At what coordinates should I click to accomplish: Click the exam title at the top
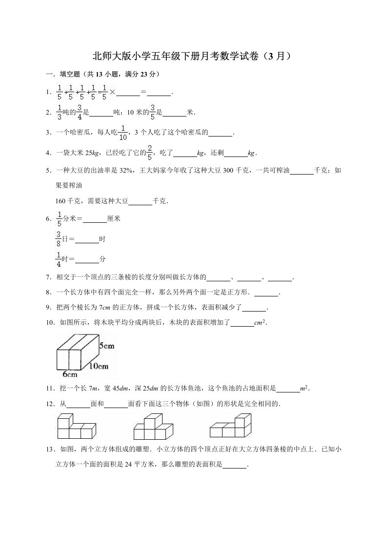coord(193,56)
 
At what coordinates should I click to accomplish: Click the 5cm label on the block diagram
coord(107,345)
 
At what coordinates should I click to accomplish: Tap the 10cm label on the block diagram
coord(99,366)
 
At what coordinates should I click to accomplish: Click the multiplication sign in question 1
coord(112,92)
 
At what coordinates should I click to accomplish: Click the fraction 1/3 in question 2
coord(60,112)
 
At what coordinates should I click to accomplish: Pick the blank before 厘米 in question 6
coord(95,219)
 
